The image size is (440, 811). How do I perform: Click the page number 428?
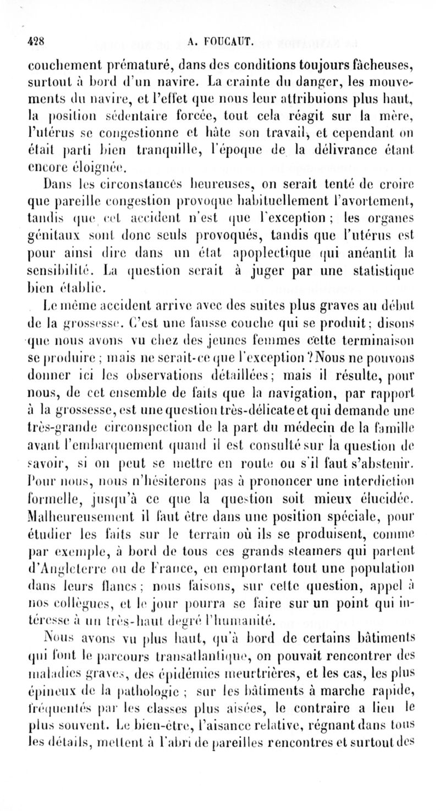[x=37, y=40]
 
